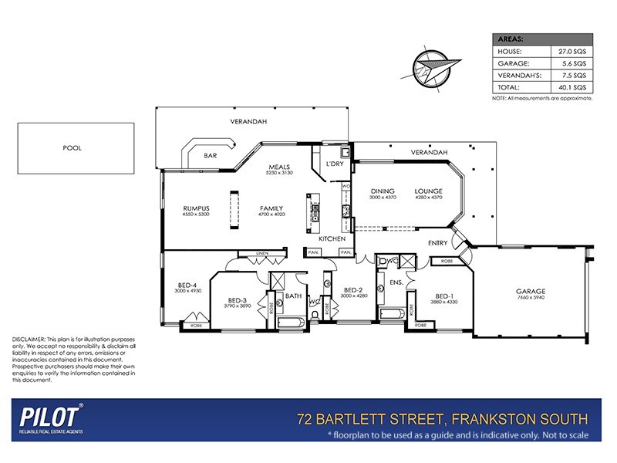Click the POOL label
(73, 147)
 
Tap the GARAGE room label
(530, 292)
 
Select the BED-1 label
(445, 296)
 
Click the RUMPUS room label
(196, 208)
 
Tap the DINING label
(383, 191)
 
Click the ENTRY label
(438, 243)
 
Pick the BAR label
(210, 157)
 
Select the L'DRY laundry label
(335, 164)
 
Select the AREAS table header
(511, 39)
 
